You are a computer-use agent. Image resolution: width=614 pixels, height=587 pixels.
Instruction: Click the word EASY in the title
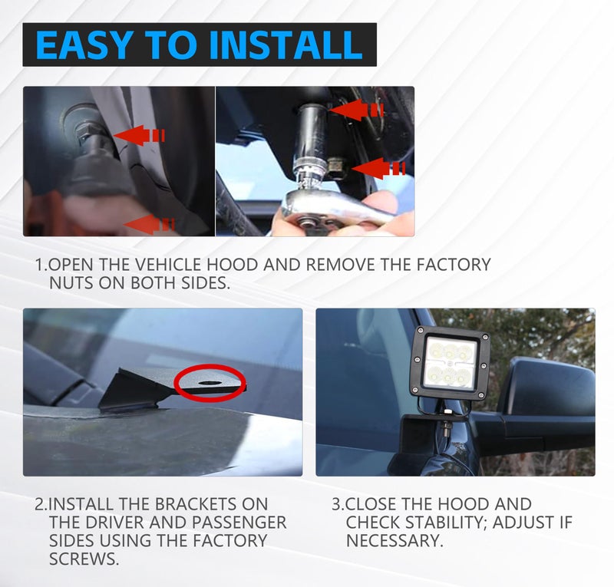coord(83,45)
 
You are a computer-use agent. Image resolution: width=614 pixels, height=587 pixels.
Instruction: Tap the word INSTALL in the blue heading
coord(286,45)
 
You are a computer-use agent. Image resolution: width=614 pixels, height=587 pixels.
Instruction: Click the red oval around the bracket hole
coord(210,383)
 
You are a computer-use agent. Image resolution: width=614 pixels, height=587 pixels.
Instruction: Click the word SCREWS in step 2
coord(84,559)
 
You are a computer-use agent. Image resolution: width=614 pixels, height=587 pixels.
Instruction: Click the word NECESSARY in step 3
coord(394,541)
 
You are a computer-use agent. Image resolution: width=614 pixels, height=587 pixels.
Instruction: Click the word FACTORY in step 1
coord(453,265)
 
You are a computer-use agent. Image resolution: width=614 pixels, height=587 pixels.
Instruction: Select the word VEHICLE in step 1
coord(169,265)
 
